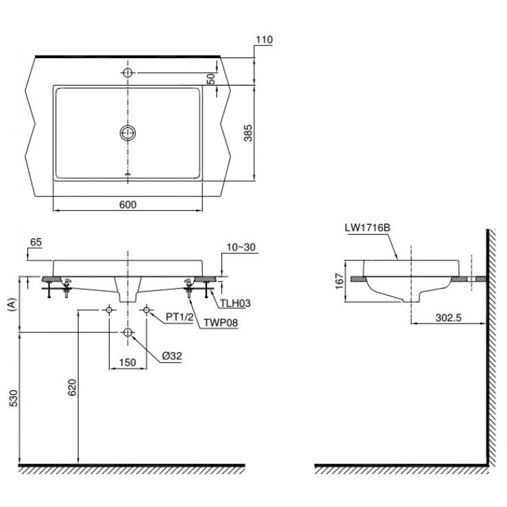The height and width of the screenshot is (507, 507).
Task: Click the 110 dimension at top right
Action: [x=264, y=40]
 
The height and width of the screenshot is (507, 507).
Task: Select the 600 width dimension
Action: [x=128, y=204]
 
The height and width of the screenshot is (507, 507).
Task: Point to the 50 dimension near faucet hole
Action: [x=212, y=79]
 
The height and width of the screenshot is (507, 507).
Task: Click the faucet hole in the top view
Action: [x=128, y=72]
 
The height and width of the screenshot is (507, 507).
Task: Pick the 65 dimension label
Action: [x=37, y=243]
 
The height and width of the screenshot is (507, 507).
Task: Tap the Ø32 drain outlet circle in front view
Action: [x=128, y=332]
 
